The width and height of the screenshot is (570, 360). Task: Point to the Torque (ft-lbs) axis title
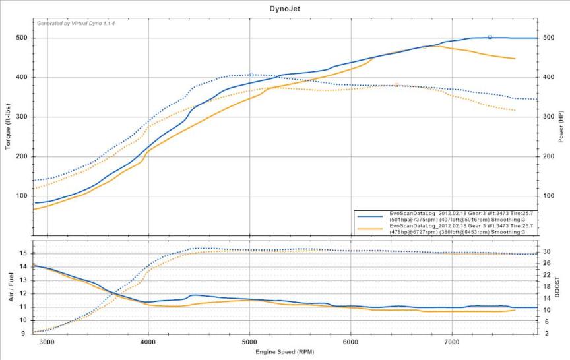pos(9,125)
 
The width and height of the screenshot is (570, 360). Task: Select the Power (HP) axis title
pos(561,125)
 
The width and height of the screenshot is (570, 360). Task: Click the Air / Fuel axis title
pos(9,289)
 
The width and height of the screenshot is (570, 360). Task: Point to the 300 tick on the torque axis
pos(22,117)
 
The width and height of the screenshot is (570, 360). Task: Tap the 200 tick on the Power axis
pos(548,157)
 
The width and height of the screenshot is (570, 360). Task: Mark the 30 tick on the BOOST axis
pos(546,251)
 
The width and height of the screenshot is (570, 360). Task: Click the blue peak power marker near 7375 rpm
pos(490,37)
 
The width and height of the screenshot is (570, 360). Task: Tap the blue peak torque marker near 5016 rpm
pos(251,75)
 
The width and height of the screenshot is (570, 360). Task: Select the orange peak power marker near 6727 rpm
pos(424,47)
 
